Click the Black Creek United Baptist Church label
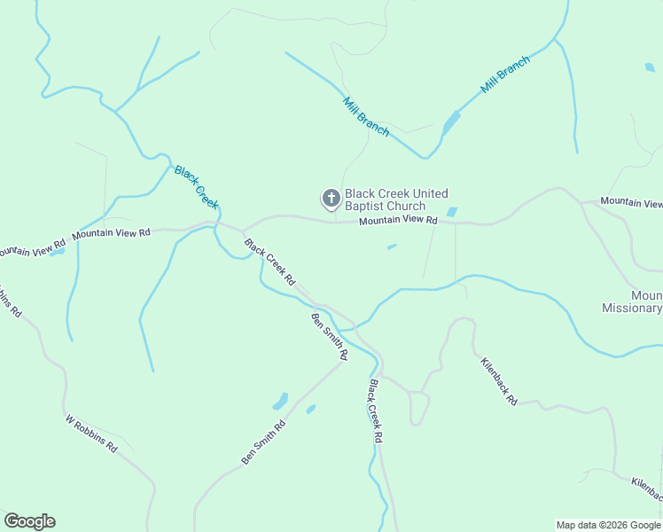[396, 199]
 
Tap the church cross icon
[331, 199]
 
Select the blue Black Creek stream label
[196, 186]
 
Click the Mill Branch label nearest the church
[366, 115]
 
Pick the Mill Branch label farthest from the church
[505, 75]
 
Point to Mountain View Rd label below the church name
[398, 220]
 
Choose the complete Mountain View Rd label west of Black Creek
[112, 233]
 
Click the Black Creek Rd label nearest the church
[269, 262]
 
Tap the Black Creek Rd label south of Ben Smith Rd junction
[377, 411]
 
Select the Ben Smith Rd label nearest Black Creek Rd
[330, 335]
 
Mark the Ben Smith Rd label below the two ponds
[263, 442]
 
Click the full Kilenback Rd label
[499, 381]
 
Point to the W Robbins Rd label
[90, 434]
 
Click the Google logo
[29, 521]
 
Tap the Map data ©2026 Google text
[608, 525]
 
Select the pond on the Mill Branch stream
[451, 122]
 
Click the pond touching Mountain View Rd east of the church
[452, 213]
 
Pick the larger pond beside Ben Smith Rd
[280, 401]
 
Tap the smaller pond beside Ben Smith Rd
[311, 409]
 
